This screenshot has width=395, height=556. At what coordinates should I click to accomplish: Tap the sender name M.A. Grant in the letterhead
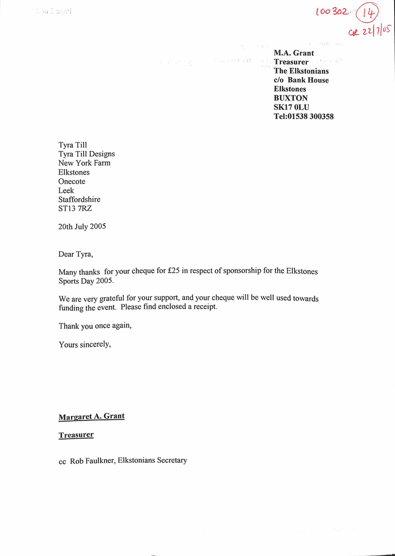(294, 53)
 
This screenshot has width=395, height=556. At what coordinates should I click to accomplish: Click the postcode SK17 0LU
(291, 107)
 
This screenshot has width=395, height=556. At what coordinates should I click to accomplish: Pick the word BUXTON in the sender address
(291, 98)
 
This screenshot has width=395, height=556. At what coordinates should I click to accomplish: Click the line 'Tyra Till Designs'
(86, 154)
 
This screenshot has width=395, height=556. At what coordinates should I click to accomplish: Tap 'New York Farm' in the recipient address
(84, 163)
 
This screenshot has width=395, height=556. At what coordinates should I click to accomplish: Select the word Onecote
(72, 181)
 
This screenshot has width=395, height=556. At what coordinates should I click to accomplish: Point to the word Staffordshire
(79, 199)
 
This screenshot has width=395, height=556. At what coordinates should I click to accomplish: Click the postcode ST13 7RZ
(75, 208)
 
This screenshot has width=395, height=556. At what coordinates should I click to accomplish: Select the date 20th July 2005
(82, 226)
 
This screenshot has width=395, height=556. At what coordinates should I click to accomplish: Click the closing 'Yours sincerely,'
(85, 344)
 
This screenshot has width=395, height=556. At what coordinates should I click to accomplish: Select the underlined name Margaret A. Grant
(91, 417)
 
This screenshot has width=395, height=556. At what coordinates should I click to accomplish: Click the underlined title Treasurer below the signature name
(76, 435)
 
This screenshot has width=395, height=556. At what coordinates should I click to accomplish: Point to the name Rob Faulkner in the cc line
(91, 461)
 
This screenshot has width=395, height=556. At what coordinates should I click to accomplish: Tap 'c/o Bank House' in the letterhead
(301, 80)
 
